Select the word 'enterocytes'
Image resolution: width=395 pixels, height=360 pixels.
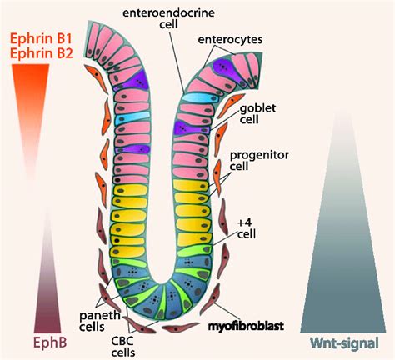[x=239, y=39]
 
